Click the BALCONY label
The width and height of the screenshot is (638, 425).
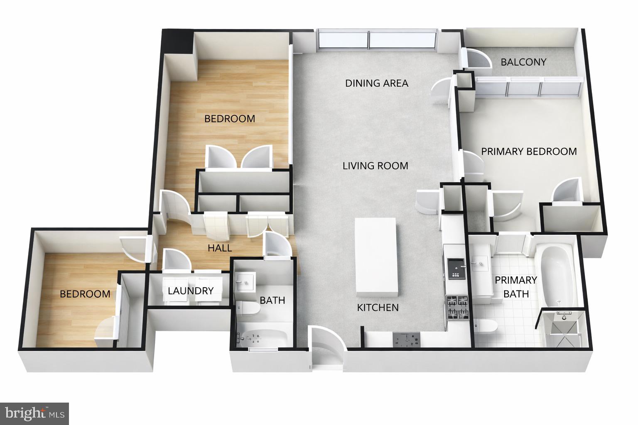pyautogui.click(x=523, y=62)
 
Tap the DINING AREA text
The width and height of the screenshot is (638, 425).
pyautogui.click(x=376, y=83)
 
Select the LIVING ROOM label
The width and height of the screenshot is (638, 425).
pyautogui.click(x=375, y=166)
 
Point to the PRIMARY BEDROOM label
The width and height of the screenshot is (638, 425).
pyautogui.click(x=529, y=151)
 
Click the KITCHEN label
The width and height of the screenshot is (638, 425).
pyautogui.click(x=378, y=308)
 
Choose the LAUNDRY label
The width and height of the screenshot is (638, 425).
pyautogui.click(x=191, y=291)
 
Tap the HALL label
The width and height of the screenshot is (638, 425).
pyautogui.click(x=220, y=248)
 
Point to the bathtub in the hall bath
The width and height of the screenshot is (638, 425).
pyautogui.click(x=262, y=338)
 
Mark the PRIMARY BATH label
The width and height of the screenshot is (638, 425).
pyautogui.click(x=515, y=287)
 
